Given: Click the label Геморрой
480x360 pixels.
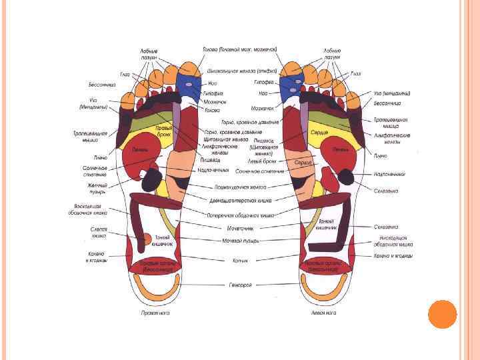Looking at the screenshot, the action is click(241, 285).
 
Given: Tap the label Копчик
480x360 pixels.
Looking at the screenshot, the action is click(241, 261).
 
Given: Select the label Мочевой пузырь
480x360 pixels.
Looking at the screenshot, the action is click(241, 241).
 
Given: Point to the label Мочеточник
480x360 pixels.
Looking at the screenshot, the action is click(241, 228).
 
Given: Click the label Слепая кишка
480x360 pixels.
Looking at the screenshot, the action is click(99, 233).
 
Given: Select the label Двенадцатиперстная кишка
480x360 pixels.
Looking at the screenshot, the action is click(241, 199).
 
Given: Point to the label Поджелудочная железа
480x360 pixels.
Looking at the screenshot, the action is click(241, 187).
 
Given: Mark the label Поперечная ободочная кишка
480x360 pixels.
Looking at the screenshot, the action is click(241, 217).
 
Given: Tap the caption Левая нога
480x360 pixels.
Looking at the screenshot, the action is click(323, 312).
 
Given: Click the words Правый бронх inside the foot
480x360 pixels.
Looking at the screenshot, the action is click(164, 131).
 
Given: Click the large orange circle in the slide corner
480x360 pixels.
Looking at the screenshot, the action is click(441, 314).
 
